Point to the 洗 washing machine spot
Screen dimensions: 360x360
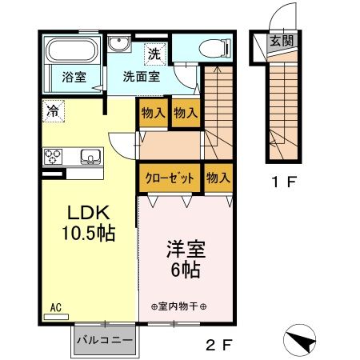coord(153,54)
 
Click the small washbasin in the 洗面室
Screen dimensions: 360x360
coord(120,45)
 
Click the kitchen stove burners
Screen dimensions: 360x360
coord(54,155)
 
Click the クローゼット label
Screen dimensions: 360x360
coord(170,178)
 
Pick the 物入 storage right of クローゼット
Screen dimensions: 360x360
coord(217,177)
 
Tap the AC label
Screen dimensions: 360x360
coord(57,306)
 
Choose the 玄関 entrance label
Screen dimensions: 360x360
coord(280,42)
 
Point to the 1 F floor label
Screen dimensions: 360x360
coord(283,182)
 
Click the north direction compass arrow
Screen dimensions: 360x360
coord(302,340)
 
